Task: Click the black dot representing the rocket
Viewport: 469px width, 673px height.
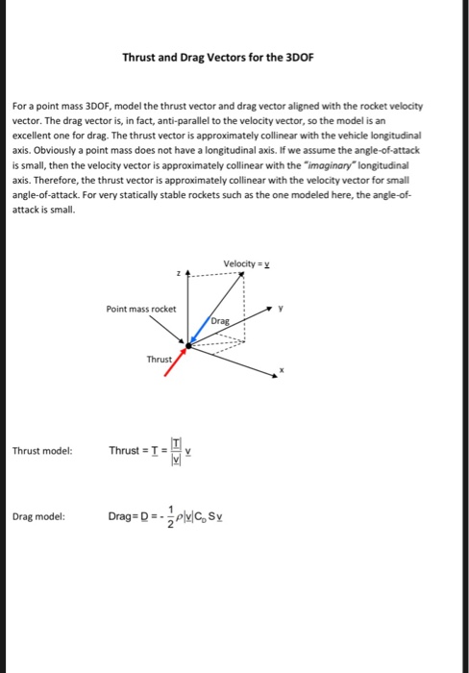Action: click(x=187, y=344)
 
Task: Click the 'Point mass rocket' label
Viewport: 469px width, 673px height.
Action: click(x=141, y=309)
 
